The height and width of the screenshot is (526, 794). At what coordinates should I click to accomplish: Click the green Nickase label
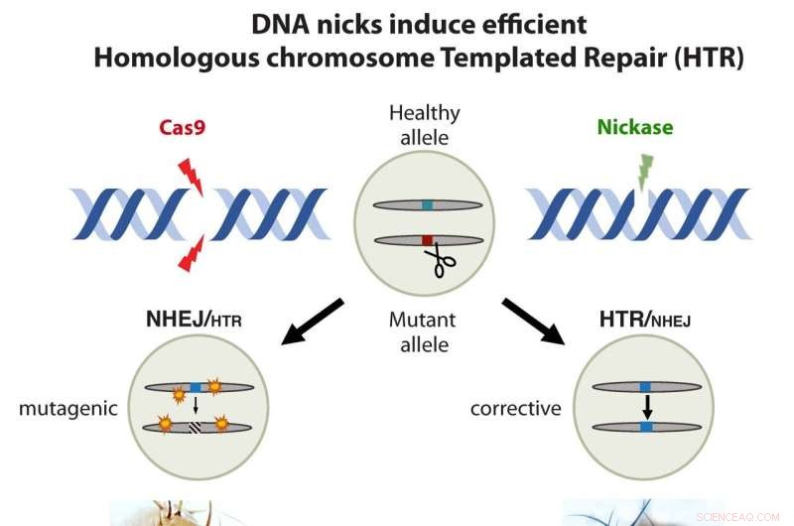(x=634, y=127)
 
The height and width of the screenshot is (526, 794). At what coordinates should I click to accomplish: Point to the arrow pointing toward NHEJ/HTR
(x=313, y=321)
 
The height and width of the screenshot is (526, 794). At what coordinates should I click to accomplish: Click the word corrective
(x=515, y=408)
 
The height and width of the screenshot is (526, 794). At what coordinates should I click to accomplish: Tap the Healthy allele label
(x=425, y=124)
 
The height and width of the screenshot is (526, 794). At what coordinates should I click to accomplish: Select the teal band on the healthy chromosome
(x=426, y=205)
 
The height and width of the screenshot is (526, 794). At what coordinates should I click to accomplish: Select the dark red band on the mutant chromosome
(x=425, y=240)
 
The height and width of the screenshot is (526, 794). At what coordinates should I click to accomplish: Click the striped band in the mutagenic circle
(x=196, y=428)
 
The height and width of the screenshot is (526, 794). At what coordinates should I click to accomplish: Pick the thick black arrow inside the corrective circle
(x=645, y=407)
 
